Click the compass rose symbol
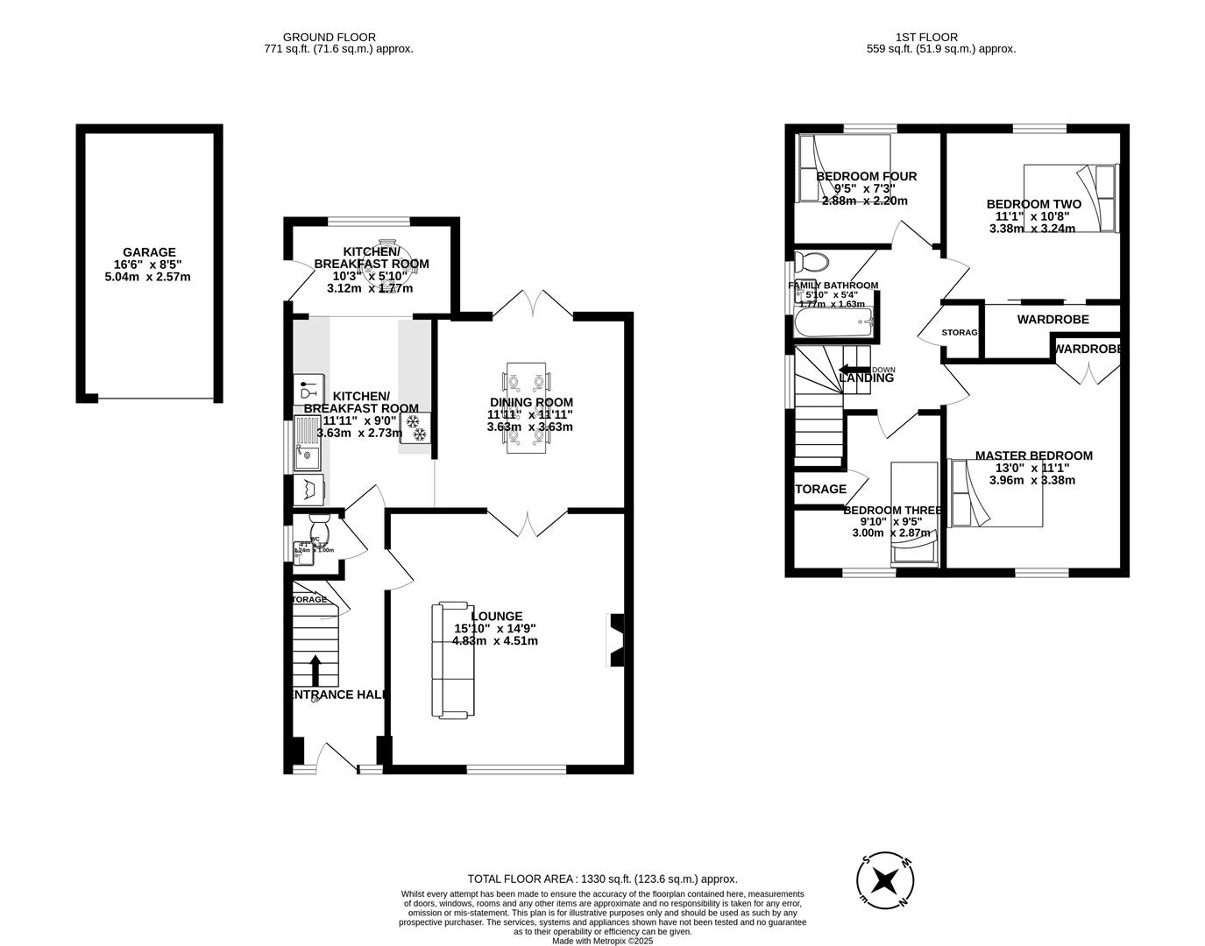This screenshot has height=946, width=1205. (887, 879)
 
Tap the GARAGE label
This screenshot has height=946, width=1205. (148, 252)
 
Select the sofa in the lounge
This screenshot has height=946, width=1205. (453, 660)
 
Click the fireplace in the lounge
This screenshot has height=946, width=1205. (616, 641)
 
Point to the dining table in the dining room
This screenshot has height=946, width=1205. (527, 408)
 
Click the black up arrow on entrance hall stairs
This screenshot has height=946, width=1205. (315, 670)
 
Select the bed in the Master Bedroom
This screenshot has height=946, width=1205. (996, 494)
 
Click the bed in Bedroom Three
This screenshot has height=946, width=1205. (914, 512)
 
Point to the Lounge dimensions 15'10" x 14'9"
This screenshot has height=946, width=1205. (494, 628)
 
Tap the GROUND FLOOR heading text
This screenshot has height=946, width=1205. (329, 37)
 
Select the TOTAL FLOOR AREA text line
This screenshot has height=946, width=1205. (602, 879)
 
